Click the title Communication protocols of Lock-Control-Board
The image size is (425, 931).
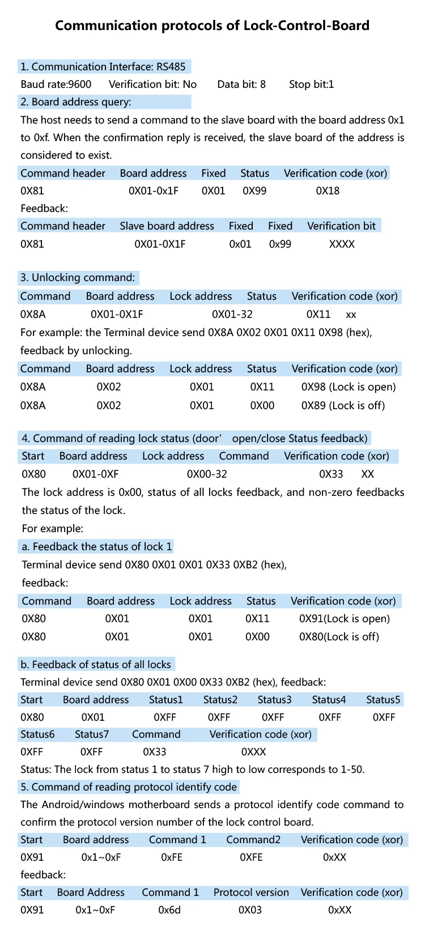pyautogui.click(x=212, y=25)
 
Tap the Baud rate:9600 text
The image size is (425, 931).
pyautogui.click(x=56, y=84)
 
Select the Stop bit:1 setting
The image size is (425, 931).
pyautogui.click(x=311, y=84)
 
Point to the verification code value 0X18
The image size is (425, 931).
pyautogui.click(x=328, y=191)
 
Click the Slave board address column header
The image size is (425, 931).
pyautogui.click(x=167, y=226)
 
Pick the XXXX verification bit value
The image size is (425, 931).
pyautogui.click(x=342, y=244)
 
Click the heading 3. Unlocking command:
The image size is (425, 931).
pyautogui.click(x=78, y=278)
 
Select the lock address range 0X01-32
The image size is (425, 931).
pyautogui.click(x=232, y=314)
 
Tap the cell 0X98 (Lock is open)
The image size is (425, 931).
pyautogui.click(x=348, y=387)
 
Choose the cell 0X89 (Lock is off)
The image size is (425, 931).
pyautogui.click(x=343, y=406)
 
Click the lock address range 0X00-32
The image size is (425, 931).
pyautogui.click(x=207, y=474)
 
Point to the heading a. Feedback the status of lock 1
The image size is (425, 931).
pyautogui.click(x=96, y=547)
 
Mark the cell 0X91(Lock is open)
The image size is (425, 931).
pyautogui.click(x=345, y=619)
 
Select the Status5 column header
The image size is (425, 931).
pyautogui.click(x=383, y=700)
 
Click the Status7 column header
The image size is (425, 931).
pyautogui.click(x=92, y=734)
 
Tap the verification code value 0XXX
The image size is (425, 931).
pyautogui.click(x=253, y=752)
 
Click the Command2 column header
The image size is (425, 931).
pyautogui.click(x=253, y=840)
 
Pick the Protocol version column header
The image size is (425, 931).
pyautogui.click(x=251, y=892)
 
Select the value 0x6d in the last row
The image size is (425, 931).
pyautogui.click(x=169, y=910)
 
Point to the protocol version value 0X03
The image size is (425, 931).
pyautogui.click(x=250, y=910)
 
